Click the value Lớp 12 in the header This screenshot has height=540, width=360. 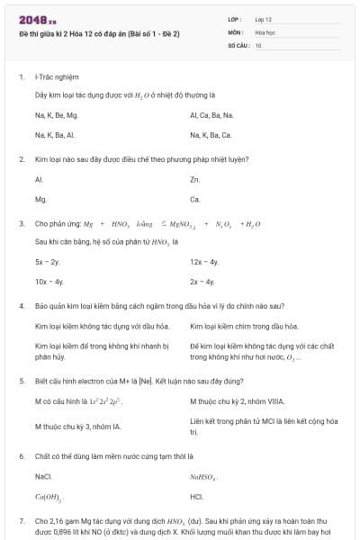pos(264,18)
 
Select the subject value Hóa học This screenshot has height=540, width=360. pos(265,31)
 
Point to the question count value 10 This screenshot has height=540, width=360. pos(258,44)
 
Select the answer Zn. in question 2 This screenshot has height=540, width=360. pos(195,180)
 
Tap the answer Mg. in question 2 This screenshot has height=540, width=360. pos(40,199)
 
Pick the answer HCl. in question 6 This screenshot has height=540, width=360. pos(196,496)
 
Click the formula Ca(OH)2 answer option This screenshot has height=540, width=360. pos(48,496)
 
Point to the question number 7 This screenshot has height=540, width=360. pos(21,521)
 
